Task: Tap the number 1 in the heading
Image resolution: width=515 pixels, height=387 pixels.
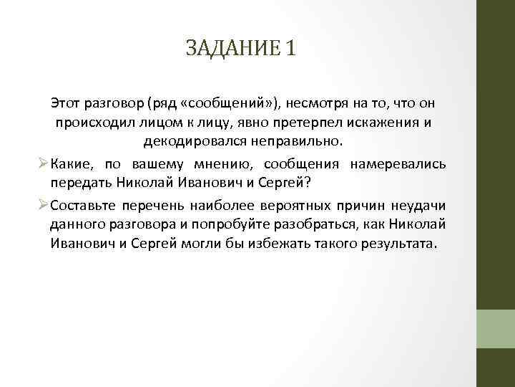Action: tap(288, 50)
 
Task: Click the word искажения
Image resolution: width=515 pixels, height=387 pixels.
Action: tap(381, 121)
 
